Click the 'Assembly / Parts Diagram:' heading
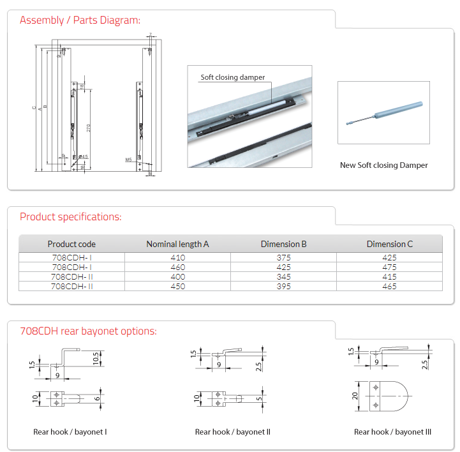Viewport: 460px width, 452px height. pos(80,20)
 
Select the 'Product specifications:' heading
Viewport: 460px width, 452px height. pos(70,216)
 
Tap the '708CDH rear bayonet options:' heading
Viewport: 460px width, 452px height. pos(88,331)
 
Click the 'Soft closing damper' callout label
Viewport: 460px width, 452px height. pos(232,77)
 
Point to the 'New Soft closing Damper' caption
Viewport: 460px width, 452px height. pos(383,165)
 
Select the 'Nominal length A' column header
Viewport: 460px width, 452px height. pos(177,244)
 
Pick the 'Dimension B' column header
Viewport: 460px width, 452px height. pos(283,244)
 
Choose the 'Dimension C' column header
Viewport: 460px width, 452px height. pos(389,244)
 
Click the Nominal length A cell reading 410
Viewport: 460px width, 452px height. pos(177,258)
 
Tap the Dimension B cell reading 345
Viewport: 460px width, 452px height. pos(283,277)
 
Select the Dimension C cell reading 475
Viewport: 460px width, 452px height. pos(389,267)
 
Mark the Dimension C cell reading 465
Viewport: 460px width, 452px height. pos(389,287)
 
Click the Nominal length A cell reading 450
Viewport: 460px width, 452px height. pos(177,287)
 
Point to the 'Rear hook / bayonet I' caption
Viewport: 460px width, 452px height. pos(70,432)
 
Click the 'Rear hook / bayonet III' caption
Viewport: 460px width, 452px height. pos(392,432)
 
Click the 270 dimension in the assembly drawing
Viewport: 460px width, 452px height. pos(88,127)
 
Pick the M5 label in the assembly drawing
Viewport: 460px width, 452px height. pos(128,159)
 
